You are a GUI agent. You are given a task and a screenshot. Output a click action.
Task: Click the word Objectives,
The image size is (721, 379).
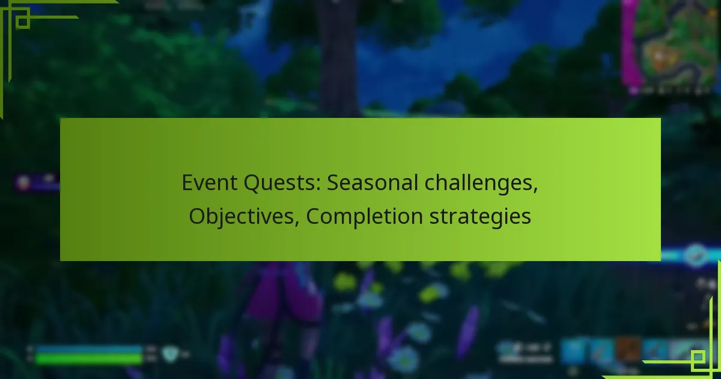coord(244,217)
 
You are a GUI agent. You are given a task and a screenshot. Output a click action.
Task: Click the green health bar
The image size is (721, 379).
coord(89,359)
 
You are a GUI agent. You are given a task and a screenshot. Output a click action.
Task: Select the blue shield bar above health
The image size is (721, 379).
coord(89,349)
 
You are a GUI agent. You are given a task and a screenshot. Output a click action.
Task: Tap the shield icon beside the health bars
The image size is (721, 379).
coord(171,355)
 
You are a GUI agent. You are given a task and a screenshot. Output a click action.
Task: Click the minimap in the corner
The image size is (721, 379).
coord(670,45)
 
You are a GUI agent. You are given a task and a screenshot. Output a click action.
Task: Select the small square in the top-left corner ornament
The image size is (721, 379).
coord(23,22)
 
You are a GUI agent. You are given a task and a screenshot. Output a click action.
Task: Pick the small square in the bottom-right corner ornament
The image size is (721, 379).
coord(698,359)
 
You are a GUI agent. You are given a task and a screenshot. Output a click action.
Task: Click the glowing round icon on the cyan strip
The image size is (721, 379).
coord(696,254)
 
